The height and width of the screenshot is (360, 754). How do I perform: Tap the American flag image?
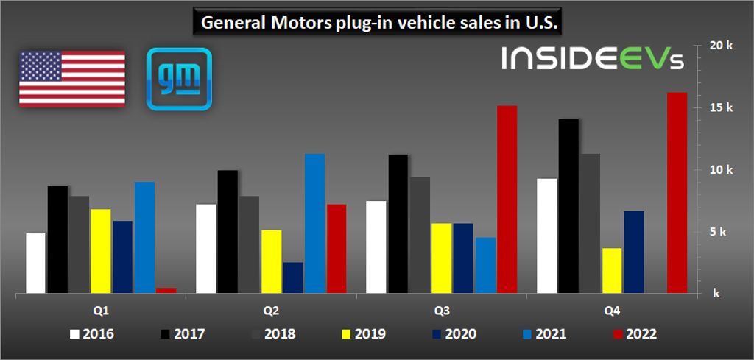pos(71,79)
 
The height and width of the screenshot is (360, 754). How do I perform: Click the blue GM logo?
pos(179,79)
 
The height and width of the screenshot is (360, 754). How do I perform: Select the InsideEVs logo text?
pos(593,59)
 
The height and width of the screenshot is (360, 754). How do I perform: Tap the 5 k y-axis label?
pos(719,232)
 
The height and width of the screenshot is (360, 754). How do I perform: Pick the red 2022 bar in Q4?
pos(677,193)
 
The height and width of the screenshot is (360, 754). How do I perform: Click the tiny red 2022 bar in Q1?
pos(166,291)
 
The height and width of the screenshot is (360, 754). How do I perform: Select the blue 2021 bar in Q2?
pos(314,224)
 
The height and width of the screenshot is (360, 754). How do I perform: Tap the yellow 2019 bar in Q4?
pos(612,271)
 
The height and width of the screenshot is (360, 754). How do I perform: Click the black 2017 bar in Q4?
pos(568,206)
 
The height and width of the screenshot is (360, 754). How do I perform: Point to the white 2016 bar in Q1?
pos(35,264)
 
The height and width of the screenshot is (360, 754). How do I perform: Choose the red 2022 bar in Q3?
pos(507,200)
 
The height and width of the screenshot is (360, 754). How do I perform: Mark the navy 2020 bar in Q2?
pos(293,278)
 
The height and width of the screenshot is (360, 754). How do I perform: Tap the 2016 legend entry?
pos(92,334)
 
